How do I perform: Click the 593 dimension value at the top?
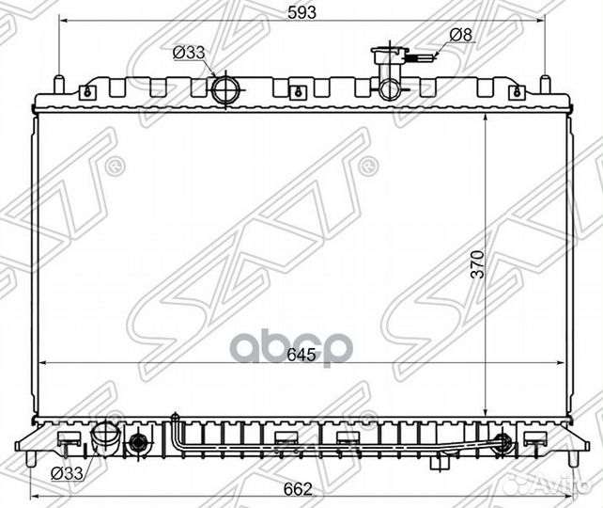[301, 12]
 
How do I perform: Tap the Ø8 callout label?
[460, 35]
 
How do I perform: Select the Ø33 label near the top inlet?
[189, 53]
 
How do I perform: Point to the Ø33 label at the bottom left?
[67, 473]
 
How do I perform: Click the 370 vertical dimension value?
[478, 264]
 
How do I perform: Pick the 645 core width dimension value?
[301, 355]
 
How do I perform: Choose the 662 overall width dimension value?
[298, 489]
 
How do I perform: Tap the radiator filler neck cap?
[389, 51]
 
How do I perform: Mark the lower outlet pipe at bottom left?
[105, 436]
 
